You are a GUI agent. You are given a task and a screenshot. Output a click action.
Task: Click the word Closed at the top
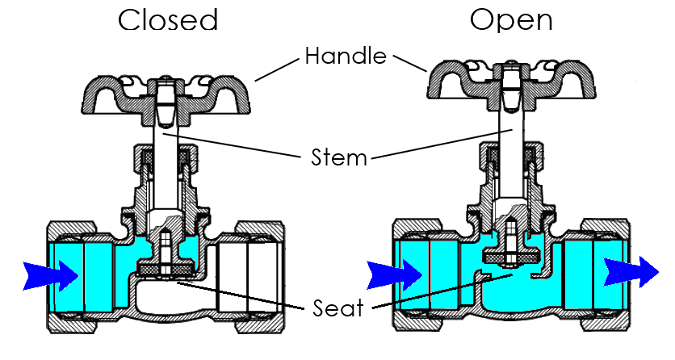click(x=168, y=19)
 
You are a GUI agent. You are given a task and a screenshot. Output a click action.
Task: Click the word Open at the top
click(x=512, y=19)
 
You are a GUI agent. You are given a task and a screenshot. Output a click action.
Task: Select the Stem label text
click(x=338, y=157)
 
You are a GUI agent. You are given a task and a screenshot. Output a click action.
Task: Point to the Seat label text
click(x=338, y=308)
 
